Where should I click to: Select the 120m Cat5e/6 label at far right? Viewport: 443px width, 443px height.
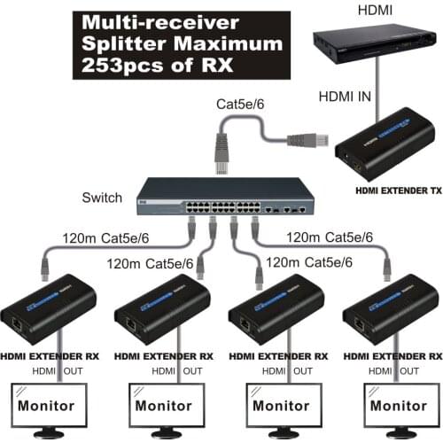click(x=327, y=237)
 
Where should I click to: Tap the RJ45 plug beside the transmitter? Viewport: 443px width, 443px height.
click(x=314, y=138)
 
